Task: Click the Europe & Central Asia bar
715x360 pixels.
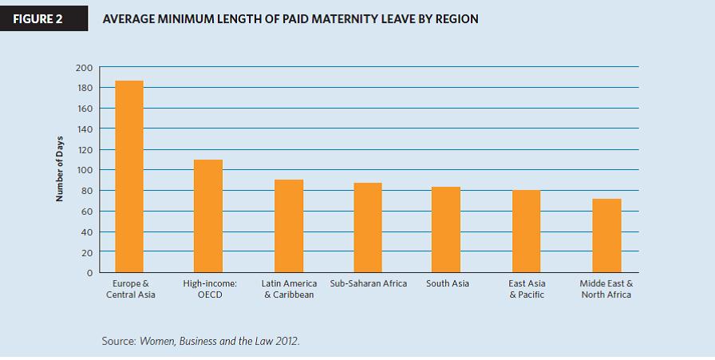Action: click(x=128, y=176)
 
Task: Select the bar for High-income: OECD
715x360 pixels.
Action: click(x=208, y=216)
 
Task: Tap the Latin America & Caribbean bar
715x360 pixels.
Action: click(x=288, y=226)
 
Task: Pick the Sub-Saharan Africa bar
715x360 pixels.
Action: click(x=368, y=227)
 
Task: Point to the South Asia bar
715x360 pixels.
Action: click(x=446, y=230)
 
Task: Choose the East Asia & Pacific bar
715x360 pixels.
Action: click(x=526, y=231)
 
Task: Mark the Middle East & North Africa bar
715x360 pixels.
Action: click(x=606, y=235)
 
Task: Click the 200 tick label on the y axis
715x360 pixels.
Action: click(x=85, y=67)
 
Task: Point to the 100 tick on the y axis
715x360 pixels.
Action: click(x=85, y=170)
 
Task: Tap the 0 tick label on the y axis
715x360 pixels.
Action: click(x=90, y=273)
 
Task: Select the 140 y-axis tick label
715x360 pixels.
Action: click(x=85, y=129)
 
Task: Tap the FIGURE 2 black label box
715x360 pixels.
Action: click(x=42, y=18)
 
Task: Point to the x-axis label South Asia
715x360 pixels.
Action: click(x=447, y=283)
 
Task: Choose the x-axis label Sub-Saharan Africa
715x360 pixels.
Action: click(x=368, y=283)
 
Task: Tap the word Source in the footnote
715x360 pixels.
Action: click(x=119, y=341)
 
